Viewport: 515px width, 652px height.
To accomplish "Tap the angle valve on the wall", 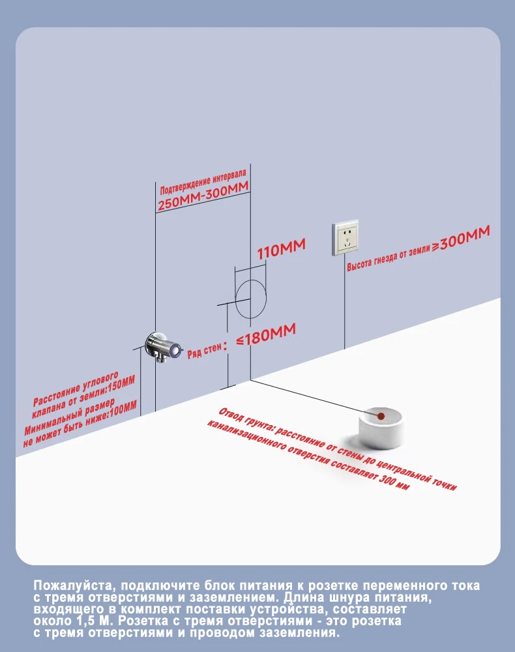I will tap(162, 346).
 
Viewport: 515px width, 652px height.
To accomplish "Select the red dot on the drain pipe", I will tap(381, 415).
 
